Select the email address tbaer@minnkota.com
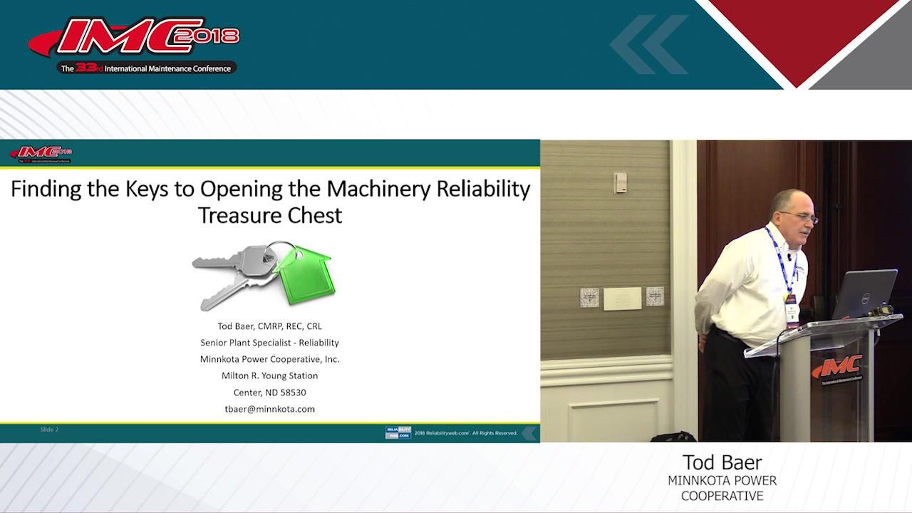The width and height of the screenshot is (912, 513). pos(269,409)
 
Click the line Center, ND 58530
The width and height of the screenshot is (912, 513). pos(269,393)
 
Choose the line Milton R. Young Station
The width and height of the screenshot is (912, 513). pos(269,375)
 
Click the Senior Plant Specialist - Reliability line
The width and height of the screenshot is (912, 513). pos(269,343)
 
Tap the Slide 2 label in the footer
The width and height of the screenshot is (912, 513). pos(49,430)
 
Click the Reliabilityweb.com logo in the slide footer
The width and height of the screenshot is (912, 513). pos(398,432)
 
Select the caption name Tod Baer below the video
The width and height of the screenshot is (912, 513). pos(722,462)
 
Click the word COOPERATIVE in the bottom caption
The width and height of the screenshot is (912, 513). pos(722,496)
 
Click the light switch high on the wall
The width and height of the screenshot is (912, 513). pos(620,182)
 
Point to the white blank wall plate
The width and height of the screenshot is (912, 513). pos(622,299)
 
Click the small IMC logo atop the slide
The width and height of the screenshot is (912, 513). pos(41,153)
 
